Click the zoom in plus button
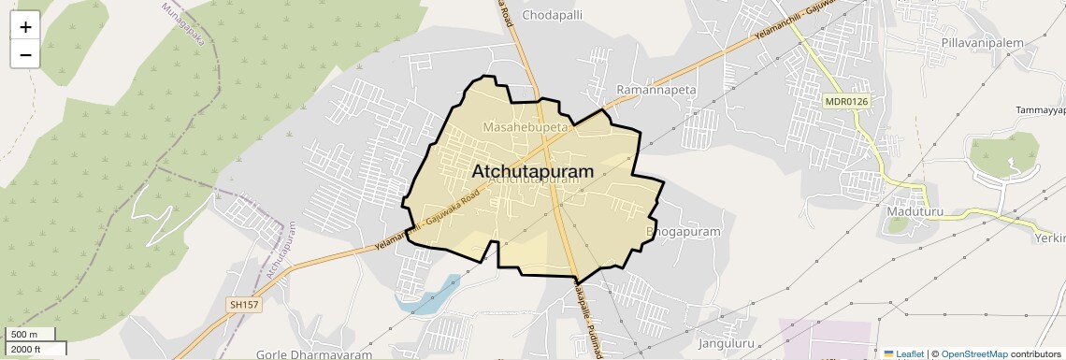coord(25,26)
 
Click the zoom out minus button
coord(25,54)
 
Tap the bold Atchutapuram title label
coord(533,172)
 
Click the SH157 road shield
coord(243,305)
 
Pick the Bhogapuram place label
coord(684,231)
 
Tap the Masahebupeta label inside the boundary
coord(526,125)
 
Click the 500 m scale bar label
coord(24,335)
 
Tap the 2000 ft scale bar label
coord(26,349)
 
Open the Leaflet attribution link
coord(910,353)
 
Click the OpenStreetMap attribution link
coord(973,353)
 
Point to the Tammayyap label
coord(1040,110)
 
